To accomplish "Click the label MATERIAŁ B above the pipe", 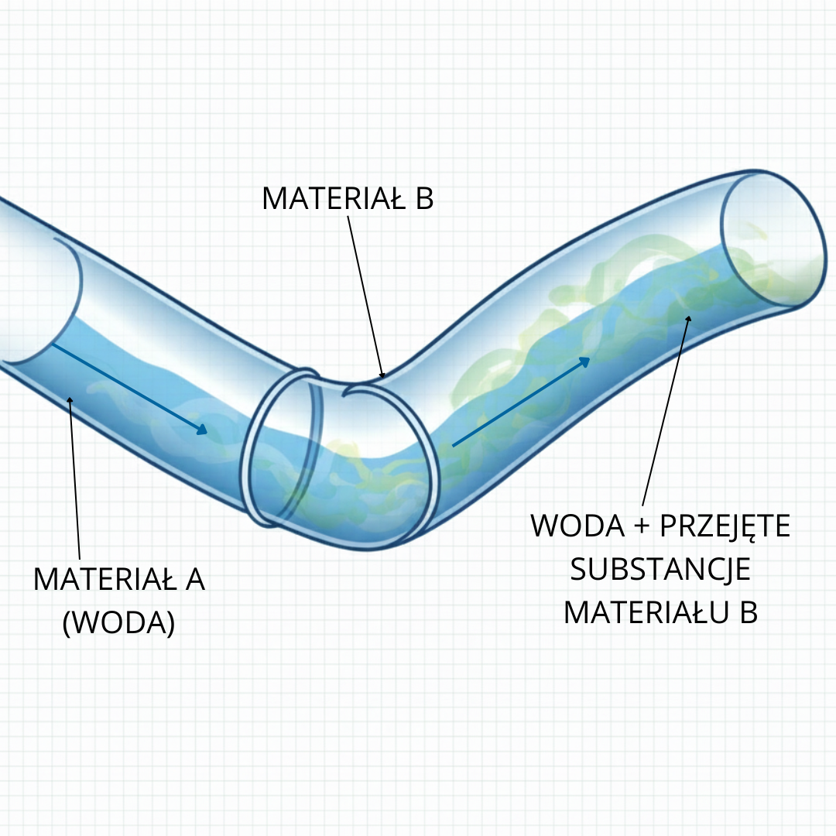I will click(348, 199).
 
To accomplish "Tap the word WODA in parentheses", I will click(118, 623).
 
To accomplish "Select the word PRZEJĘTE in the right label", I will click(725, 526).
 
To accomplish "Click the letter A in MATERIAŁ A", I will click(195, 579).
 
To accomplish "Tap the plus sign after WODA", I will click(642, 526).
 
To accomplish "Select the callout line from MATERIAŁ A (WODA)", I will click(75, 480).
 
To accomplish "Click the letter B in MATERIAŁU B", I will click(747, 612).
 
